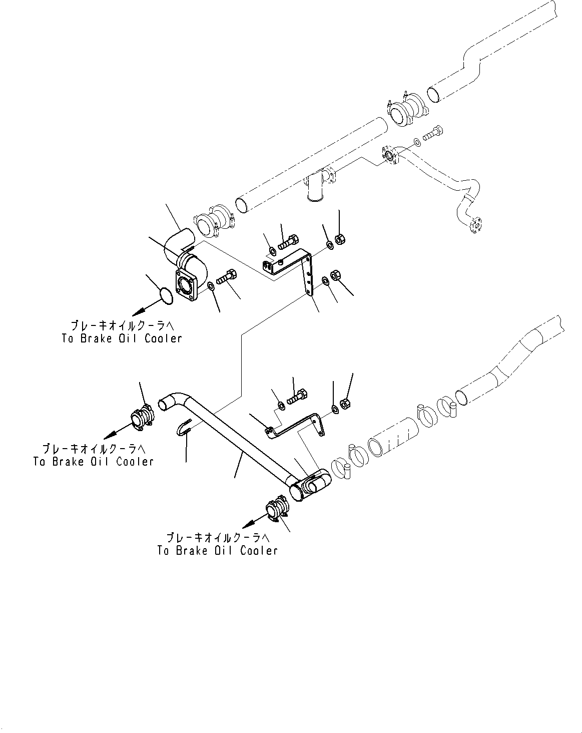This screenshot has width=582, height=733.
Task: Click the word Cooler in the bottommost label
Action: (259, 551)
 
